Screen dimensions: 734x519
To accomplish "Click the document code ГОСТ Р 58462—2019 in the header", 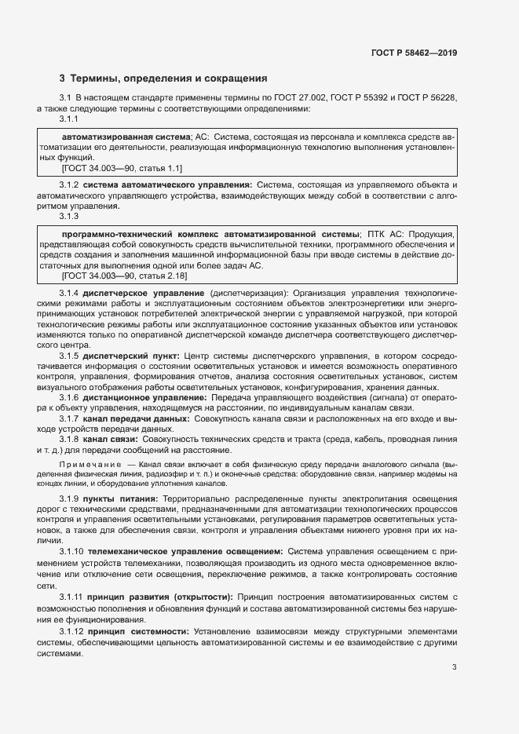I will click(x=413, y=53).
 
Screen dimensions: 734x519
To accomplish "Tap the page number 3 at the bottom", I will click(x=454, y=667).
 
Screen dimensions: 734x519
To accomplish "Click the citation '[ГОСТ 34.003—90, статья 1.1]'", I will click(x=122, y=167).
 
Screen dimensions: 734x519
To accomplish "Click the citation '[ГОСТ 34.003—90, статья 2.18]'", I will click(x=124, y=276).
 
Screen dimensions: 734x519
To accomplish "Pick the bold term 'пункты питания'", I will click(x=120, y=499).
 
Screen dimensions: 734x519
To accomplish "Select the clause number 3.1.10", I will click(x=72, y=552).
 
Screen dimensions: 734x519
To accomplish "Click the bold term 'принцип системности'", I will click(x=138, y=631).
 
